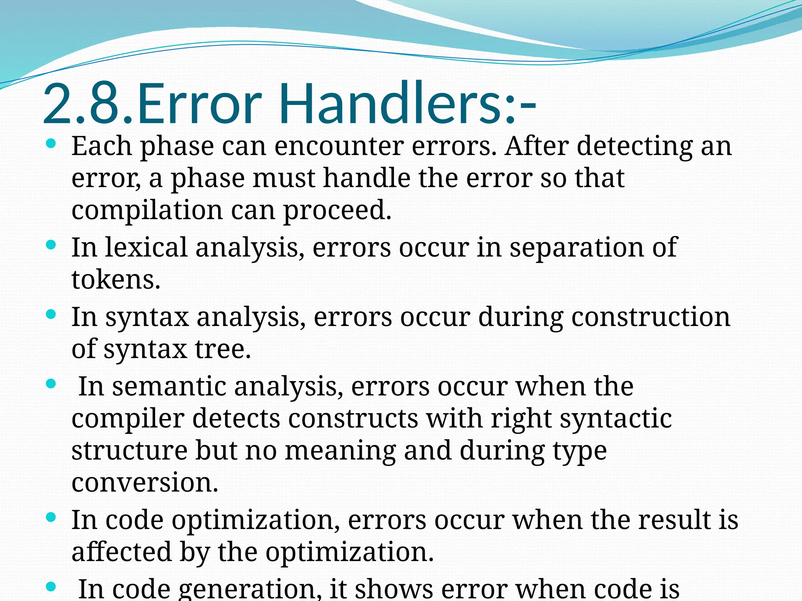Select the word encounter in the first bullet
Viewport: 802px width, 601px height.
339,146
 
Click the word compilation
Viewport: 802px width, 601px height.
147,211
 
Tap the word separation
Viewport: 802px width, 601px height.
576,248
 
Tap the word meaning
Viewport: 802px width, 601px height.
340,451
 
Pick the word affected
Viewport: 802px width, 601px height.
121,552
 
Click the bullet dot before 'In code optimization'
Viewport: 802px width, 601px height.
51,518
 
